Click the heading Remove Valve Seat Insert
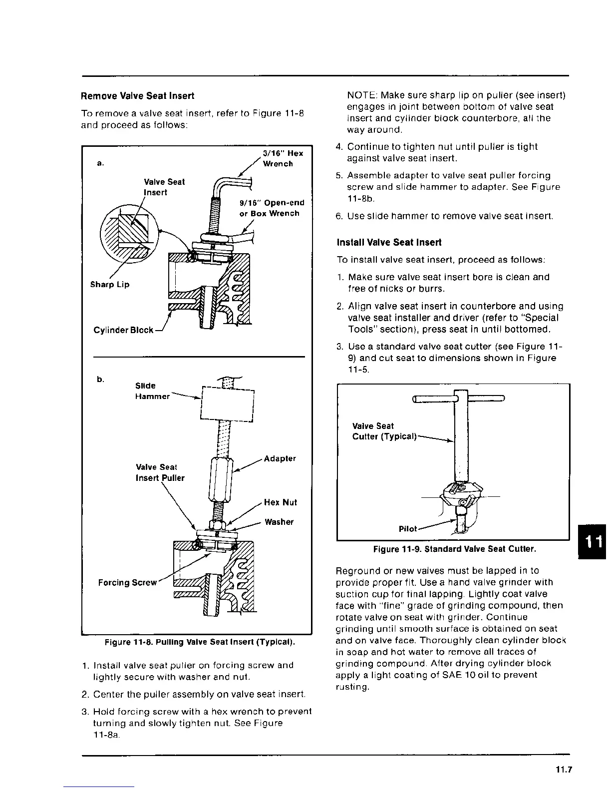point(137,96)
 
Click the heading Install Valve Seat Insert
point(389,243)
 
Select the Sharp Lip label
point(109,285)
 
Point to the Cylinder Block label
point(123,331)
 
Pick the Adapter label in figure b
point(280,458)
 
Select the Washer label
point(279,522)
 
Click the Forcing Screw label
point(127,583)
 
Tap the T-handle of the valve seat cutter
point(460,398)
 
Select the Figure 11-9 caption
point(455,550)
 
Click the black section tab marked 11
point(594,542)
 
